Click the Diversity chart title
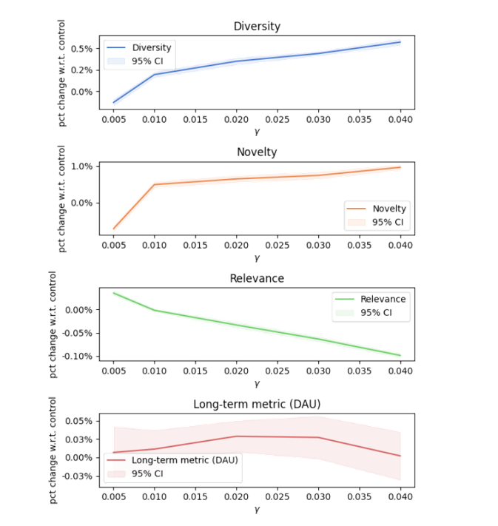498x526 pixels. click(257, 26)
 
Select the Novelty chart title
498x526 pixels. click(257, 152)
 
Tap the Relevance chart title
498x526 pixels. click(257, 279)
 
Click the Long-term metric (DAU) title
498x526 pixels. click(257, 404)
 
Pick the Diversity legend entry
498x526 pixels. click(151, 48)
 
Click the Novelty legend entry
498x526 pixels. click(389, 209)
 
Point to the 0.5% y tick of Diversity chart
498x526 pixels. click(84, 49)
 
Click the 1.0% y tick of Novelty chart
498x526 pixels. click(84, 166)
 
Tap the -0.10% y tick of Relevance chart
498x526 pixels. click(78, 356)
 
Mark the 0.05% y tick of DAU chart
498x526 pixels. click(80, 422)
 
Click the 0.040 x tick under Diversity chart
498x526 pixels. click(400, 118)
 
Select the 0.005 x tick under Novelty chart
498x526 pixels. click(113, 244)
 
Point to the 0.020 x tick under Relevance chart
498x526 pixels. click(236, 371)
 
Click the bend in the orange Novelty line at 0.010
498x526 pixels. click(155, 184)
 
